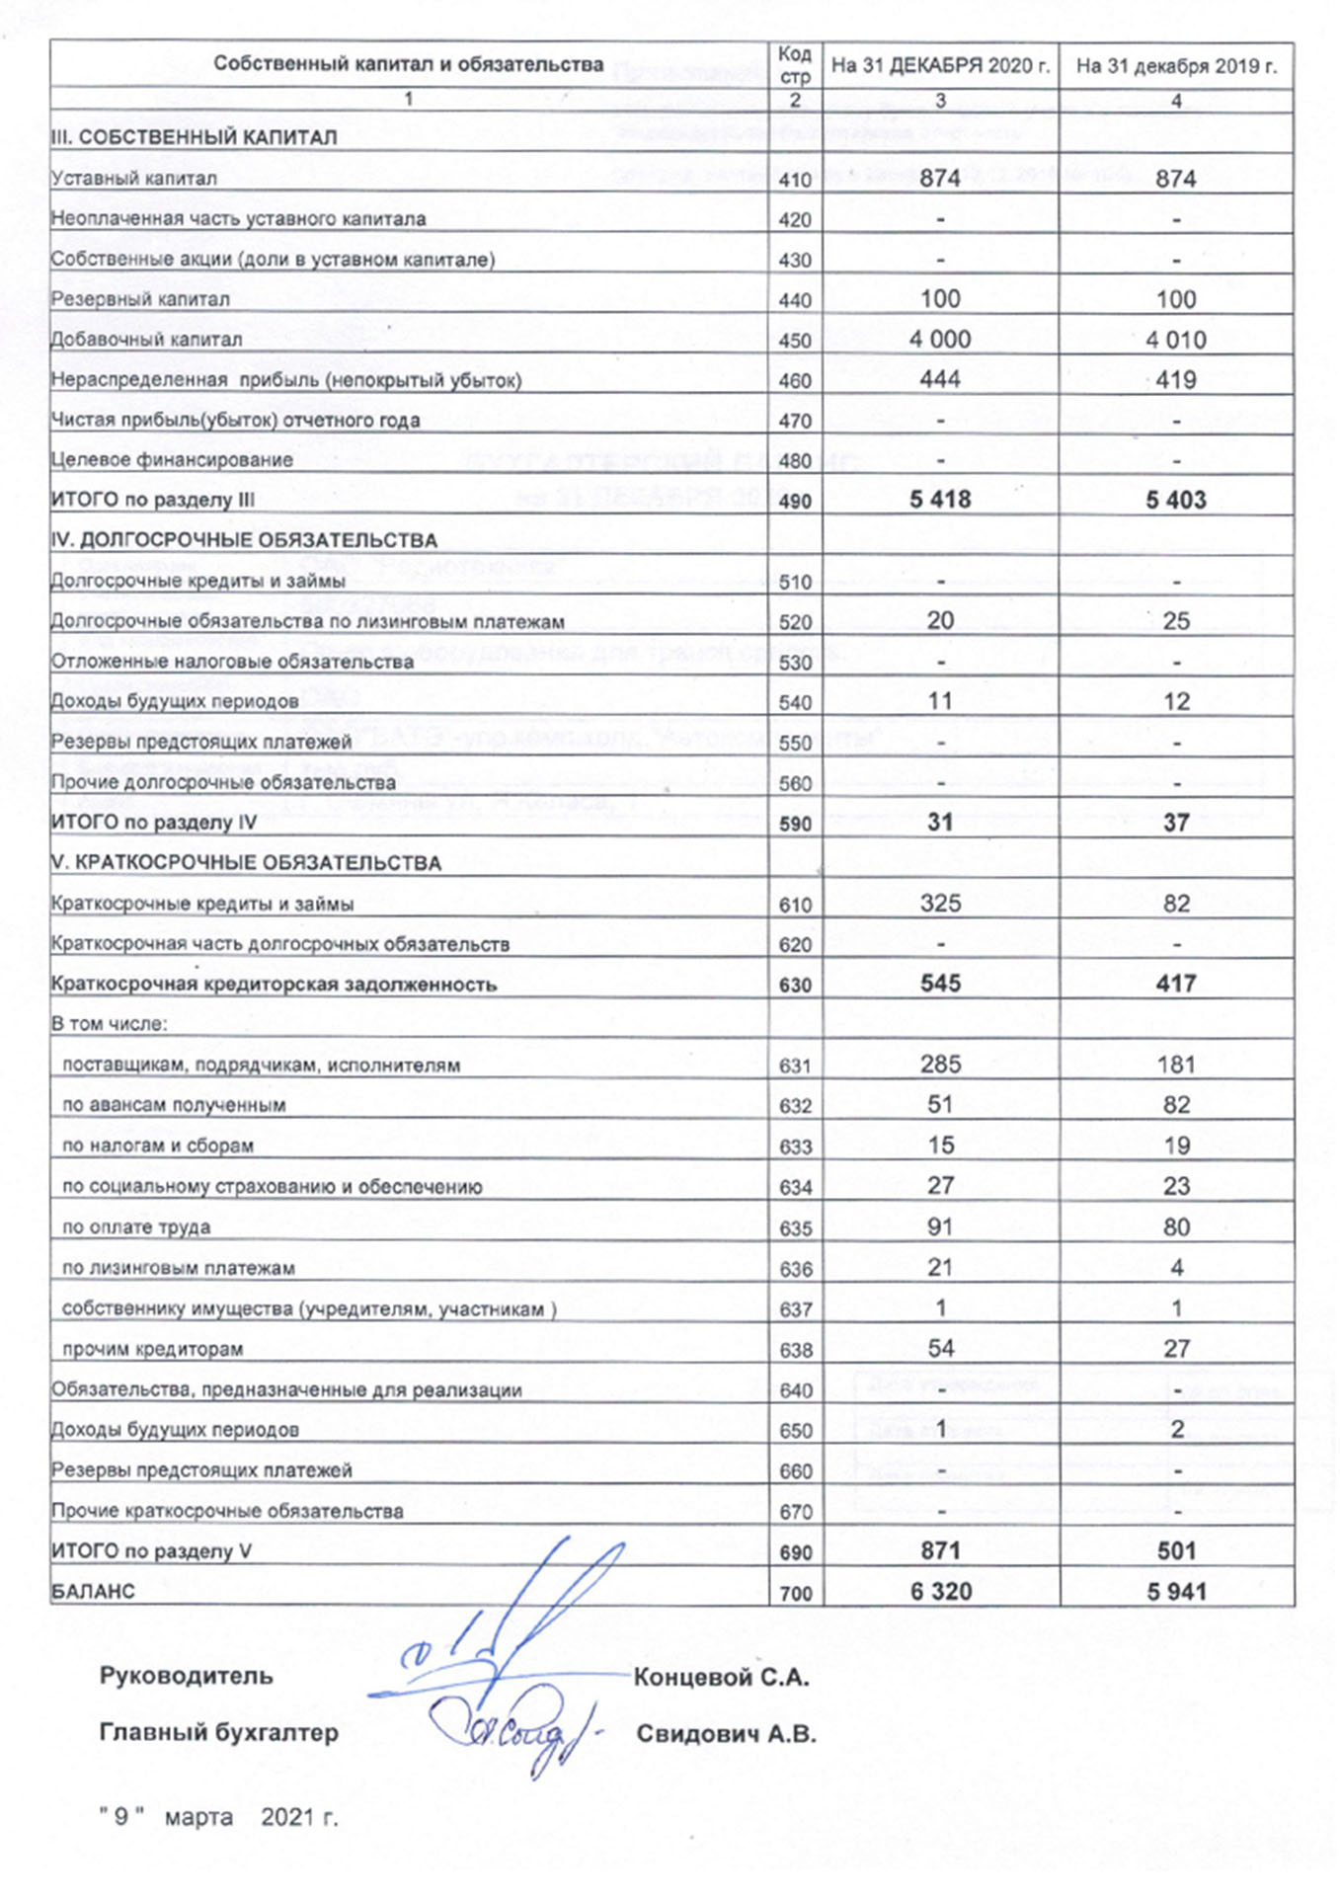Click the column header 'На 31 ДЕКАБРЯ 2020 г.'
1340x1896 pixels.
(x=939, y=66)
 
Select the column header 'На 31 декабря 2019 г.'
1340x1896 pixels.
(x=1175, y=66)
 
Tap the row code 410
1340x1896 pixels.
(x=795, y=180)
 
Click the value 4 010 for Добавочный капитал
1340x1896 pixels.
(x=1175, y=340)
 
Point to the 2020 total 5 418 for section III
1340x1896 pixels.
(x=940, y=500)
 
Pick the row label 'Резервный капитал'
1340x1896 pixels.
(x=140, y=299)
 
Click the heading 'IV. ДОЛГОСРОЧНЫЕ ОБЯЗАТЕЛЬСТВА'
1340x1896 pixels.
(x=244, y=540)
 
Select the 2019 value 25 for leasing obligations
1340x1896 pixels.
(x=1176, y=621)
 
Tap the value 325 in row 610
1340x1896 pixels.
(x=940, y=904)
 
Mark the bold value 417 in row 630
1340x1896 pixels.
(x=1176, y=984)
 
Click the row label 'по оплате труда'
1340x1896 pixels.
(x=136, y=1227)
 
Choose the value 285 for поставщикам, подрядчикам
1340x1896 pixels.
(x=940, y=1065)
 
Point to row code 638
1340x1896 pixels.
(x=795, y=1350)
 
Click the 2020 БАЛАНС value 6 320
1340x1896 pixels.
(x=940, y=1592)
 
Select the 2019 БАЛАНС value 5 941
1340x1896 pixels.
(x=1176, y=1592)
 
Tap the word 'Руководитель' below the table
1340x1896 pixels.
(x=186, y=1676)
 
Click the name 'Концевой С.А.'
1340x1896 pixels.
(x=721, y=1677)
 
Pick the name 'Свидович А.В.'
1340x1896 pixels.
(x=726, y=1734)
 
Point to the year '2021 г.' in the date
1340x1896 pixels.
(x=299, y=1817)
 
